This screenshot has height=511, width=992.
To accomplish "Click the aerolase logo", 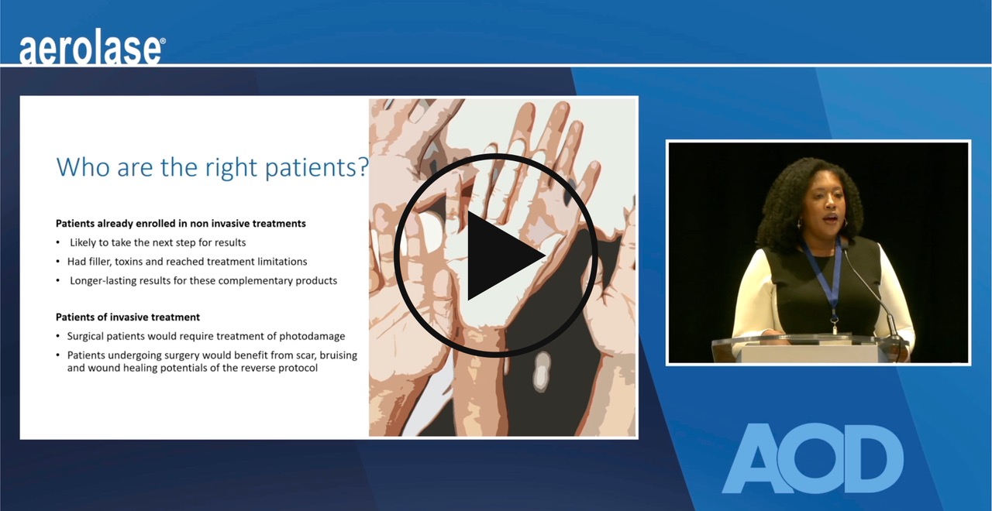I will [x=91, y=50].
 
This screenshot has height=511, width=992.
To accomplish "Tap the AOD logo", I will [x=813, y=458].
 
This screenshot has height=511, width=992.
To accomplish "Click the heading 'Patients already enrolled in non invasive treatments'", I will [x=181, y=223].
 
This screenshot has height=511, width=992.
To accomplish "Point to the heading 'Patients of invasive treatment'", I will [x=128, y=317].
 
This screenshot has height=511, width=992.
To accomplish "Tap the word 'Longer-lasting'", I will [x=104, y=280].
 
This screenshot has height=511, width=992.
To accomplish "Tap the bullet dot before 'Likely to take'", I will [x=59, y=243].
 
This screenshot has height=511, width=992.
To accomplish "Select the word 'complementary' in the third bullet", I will [x=254, y=280].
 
